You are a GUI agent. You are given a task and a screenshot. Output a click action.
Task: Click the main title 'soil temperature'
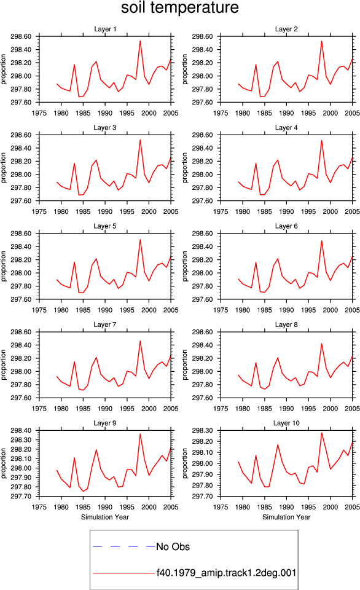point(180,7)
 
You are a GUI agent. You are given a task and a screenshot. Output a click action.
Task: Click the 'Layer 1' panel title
point(105,29)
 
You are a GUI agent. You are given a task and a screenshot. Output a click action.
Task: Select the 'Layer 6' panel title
point(286,226)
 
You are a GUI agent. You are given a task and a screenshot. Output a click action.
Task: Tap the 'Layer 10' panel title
point(286,423)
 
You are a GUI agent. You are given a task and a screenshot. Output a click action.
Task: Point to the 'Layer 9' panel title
point(105,423)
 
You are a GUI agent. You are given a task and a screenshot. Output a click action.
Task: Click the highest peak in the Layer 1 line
point(140,41)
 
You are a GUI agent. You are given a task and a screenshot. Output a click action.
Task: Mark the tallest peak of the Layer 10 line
point(322,433)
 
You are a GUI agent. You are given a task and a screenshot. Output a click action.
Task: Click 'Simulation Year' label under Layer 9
point(105,517)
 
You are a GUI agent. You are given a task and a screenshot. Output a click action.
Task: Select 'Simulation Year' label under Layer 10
point(286,517)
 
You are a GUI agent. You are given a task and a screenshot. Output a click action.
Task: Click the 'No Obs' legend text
point(173,547)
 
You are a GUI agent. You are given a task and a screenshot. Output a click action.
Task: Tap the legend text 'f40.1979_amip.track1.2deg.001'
point(227,573)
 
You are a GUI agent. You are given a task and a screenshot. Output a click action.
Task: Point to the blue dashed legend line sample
point(123,546)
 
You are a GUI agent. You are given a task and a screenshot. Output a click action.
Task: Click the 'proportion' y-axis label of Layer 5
point(4,266)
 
